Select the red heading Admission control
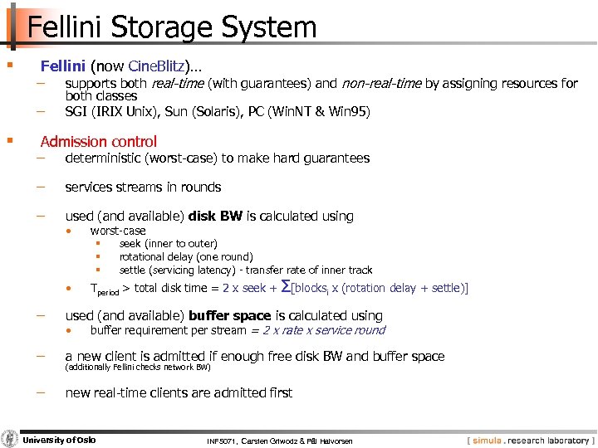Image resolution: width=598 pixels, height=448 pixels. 98,141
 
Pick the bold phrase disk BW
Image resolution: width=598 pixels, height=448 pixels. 215,216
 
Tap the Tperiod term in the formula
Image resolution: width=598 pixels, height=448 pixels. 105,290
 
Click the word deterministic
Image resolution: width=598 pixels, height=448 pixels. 106,158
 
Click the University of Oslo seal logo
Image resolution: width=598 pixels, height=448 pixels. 10,439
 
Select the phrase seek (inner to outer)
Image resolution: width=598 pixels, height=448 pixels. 168,243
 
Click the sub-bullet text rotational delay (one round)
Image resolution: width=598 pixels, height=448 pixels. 186,256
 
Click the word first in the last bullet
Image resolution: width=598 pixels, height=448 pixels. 279,392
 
